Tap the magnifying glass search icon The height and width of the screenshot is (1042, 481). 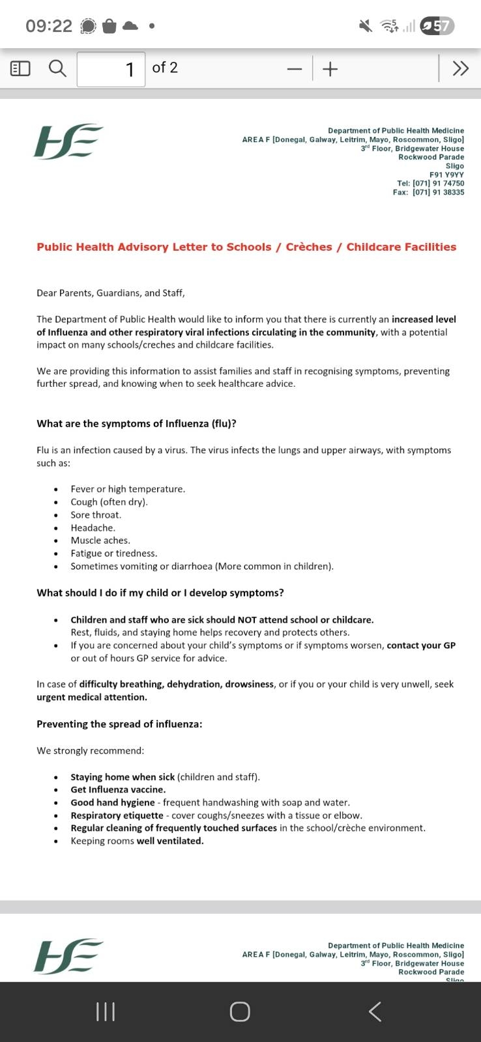(58, 68)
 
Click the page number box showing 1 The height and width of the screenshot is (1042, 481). (111, 68)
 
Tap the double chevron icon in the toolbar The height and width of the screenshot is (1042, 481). (460, 68)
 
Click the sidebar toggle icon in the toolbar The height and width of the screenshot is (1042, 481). (21, 68)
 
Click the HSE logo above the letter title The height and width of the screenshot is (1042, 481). (68, 141)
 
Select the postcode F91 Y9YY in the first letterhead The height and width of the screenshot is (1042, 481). (446, 175)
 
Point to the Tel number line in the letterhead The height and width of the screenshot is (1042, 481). (430, 184)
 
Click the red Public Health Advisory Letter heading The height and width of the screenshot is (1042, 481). (246, 247)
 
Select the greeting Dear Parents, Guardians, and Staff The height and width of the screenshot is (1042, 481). (111, 293)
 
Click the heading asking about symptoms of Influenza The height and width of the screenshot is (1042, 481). (136, 423)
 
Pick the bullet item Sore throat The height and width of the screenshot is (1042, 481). (96, 514)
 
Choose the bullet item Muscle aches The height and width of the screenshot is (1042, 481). (100, 541)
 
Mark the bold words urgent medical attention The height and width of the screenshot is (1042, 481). (92, 697)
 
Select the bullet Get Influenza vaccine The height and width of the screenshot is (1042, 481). (118, 789)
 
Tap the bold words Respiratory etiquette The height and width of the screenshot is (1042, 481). (117, 815)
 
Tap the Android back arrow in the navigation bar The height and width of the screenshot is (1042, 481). (375, 1011)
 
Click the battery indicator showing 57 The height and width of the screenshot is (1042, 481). (437, 26)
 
